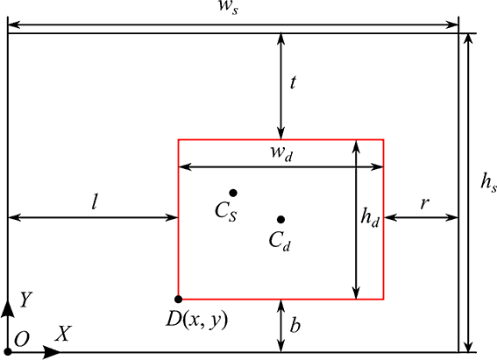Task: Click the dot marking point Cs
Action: (x=233, y=193)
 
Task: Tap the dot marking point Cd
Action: (x=280, y=219)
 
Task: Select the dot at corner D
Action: (x=179, y=299)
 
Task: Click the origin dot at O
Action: (x=8, y=351)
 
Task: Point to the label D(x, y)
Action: (x=197, y=321)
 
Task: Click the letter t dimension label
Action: (x=293, y=82)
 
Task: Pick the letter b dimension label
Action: (x=295, y=325)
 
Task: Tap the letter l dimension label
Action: (x=94, y=202)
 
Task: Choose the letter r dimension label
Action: (x=424, y=203)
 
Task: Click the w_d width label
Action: (x=281, y=153)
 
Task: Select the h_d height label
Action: (x=370, y=217)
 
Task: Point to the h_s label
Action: (x=488, y=183)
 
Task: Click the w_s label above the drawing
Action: (x=229, y=7)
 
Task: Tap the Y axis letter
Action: (x=26, y=300)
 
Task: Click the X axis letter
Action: (x=63, y=333)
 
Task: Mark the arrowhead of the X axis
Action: (x=52, y=352)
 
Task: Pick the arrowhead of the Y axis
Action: (x=8, y=308)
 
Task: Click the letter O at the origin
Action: (x=22, y=339)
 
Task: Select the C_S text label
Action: (x=225, y=211)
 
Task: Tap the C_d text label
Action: (x=280, y=241)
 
